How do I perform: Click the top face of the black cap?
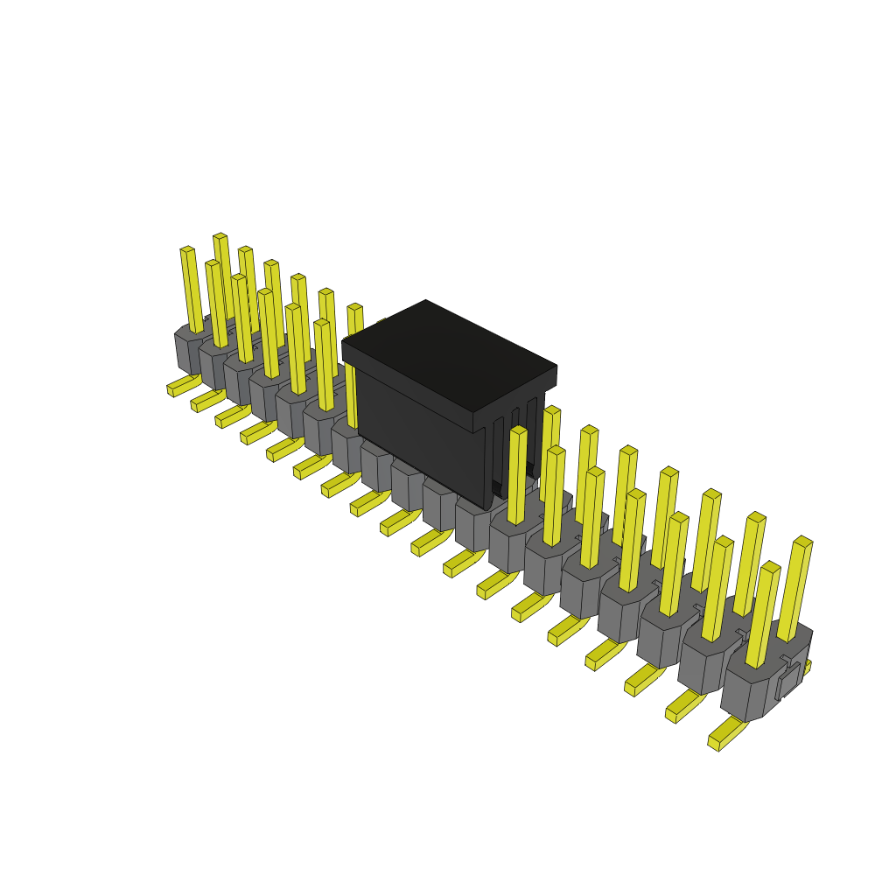point(448,354)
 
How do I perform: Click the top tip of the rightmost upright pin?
point(803,542)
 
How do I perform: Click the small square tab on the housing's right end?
point(788,682)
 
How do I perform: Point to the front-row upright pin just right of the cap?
point(517,477)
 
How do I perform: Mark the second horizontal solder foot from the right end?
point(683,706)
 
